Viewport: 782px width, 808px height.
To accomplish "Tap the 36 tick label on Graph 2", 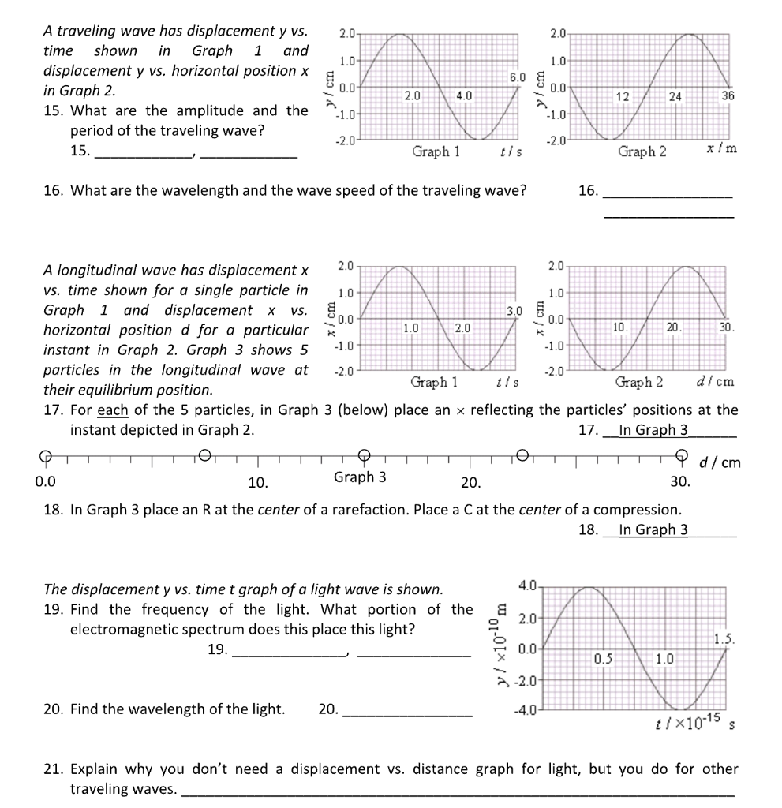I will click(728, 95).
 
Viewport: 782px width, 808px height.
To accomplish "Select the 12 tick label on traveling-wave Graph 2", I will click(623, 96).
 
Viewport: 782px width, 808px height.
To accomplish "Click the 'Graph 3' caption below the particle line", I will click(360, 477).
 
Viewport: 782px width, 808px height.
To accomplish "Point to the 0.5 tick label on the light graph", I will click(604, 657).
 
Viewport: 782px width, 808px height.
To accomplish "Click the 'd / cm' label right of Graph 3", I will click(720, 462).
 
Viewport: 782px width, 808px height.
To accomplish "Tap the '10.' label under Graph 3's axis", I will click(258, 481).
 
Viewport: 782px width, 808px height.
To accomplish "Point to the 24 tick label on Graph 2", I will click(675, 96).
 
